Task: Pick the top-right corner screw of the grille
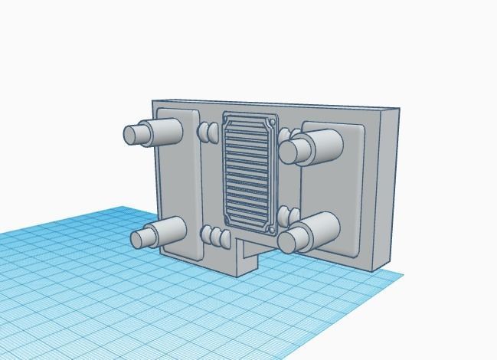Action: pos(273,121)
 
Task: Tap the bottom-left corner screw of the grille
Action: pos(227,221)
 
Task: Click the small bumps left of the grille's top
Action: pos(208,133)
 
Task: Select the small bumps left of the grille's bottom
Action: pos(215,237)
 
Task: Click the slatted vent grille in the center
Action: pos(250,173)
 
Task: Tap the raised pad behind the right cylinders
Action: pos(337,191)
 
